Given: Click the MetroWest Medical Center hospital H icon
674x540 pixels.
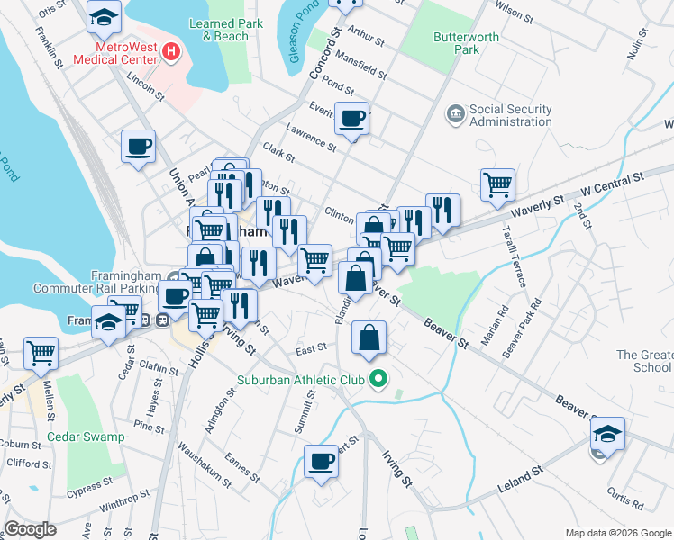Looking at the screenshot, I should (x=172, y=52).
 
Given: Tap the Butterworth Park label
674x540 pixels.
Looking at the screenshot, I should (x=456, y=43).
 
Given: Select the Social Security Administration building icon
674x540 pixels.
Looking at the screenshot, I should (x=455, y=114).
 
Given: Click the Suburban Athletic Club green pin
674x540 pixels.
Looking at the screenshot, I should (x=379, y=380).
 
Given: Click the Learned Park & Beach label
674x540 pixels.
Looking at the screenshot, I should (x=225, y=30).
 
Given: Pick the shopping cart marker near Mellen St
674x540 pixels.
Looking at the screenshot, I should (x=41, y=353).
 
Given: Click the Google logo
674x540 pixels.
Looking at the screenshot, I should (x=31, y=529).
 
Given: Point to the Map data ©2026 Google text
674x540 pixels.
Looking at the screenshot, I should (x=617, y=533).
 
